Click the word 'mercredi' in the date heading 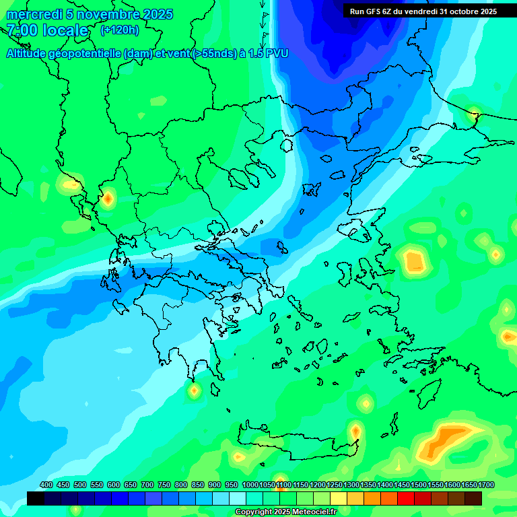32,14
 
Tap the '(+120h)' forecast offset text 119,30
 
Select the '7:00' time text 22,30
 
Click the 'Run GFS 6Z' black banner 423,11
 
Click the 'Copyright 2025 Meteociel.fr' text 285,512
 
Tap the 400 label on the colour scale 46,485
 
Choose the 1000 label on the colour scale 250,485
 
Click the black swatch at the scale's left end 36,498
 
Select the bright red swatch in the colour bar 406,498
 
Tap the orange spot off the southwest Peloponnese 194,390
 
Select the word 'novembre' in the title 100,14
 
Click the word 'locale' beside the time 65,30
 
